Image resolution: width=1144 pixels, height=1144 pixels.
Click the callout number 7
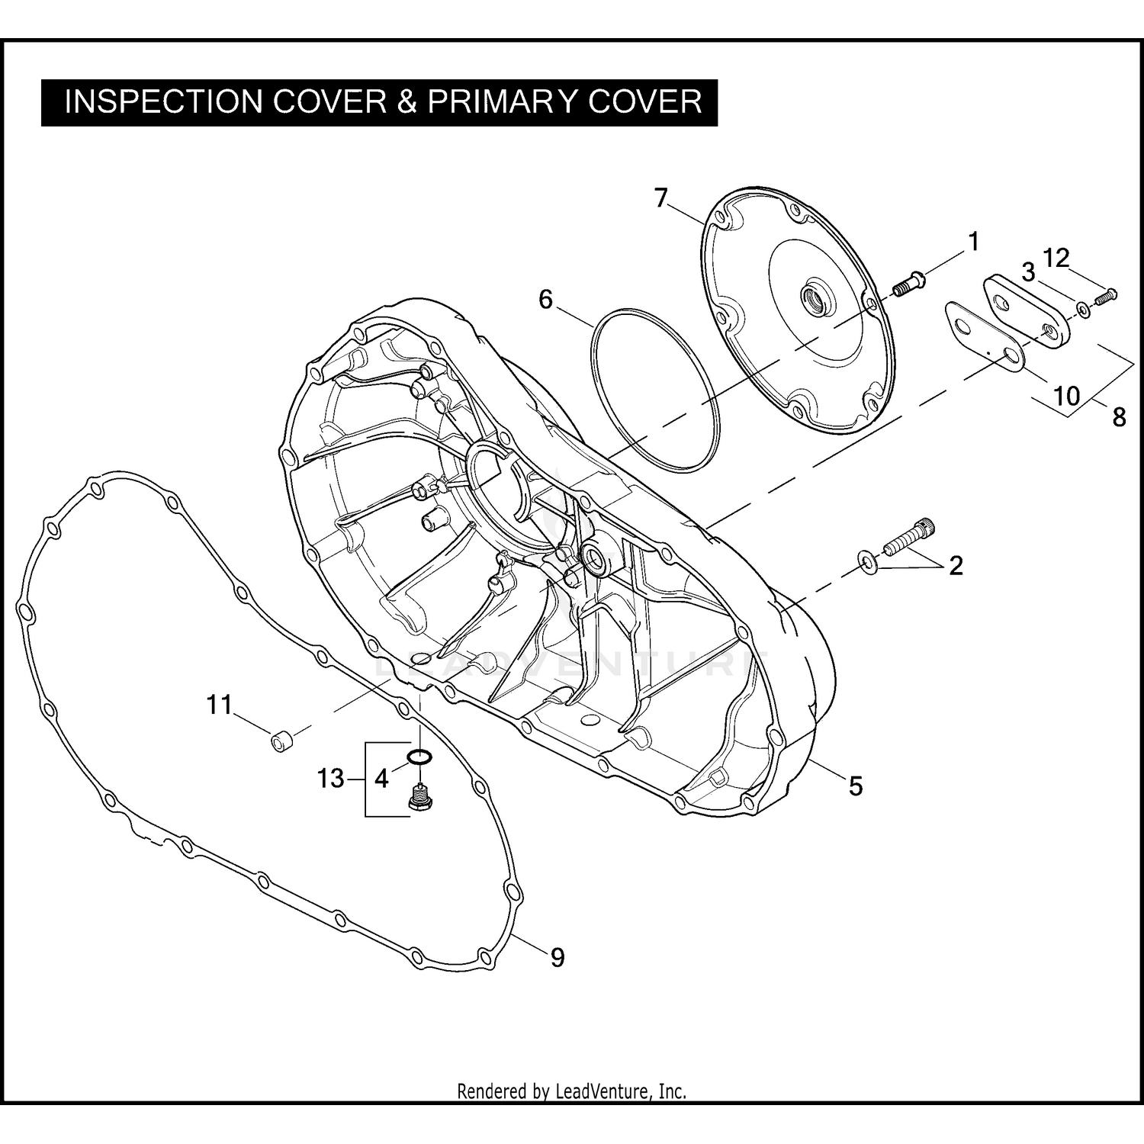pos(660,198)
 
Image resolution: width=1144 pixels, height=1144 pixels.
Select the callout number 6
pos(545,299)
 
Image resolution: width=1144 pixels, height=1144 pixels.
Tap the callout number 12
pos(1056,259)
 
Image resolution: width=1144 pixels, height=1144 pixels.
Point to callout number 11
pos(220,705)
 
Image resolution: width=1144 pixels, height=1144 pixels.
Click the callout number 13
pos(331,779)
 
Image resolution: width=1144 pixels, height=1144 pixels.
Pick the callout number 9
pos(558,957)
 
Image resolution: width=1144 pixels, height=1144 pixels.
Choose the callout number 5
pos(856,786)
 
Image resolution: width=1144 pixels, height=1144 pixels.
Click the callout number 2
pos(956,566)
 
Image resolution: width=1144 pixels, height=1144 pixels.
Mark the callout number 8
pos(1119,416)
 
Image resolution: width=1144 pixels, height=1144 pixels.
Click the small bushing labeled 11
pos(281,741)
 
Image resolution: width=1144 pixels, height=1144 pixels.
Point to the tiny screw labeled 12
pos(1105,295)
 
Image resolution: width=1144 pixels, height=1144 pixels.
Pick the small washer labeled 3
pos(1083,309)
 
